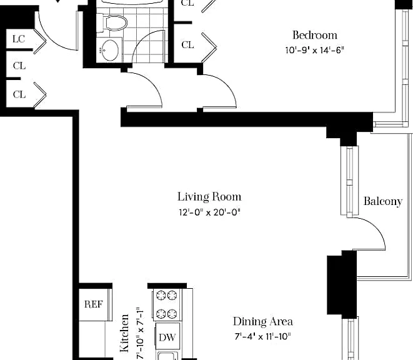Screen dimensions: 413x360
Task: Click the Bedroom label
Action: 315,36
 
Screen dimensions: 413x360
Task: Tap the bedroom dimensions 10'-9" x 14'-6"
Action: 315,50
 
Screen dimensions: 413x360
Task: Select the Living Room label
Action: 209,197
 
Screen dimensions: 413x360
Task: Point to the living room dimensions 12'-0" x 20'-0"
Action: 209,212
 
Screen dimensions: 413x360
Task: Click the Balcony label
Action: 383,201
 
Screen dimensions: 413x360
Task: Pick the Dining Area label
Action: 263,321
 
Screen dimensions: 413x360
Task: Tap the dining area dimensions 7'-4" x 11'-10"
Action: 263,336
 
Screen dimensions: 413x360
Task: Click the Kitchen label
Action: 124,332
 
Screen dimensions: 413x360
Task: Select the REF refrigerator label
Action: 93,304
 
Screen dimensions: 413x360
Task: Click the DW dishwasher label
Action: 167,337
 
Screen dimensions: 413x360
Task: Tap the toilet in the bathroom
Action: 112,22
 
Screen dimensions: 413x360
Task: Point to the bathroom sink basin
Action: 109,50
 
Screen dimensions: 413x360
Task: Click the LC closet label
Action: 19,39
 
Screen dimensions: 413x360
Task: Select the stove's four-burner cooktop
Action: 167,304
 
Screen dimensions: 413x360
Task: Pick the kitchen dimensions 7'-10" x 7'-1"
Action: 141,333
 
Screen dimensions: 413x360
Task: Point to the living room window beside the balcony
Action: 349,181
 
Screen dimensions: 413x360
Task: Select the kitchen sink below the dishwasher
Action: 167,356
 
